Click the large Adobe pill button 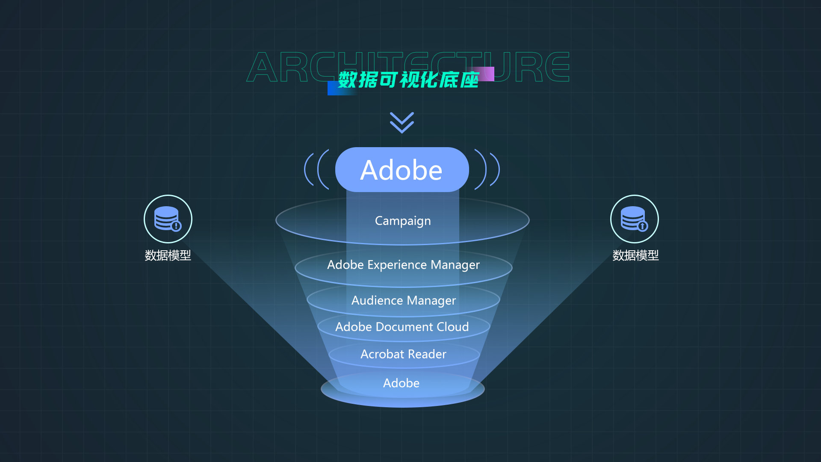402,170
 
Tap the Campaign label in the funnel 403,221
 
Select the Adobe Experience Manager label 403,265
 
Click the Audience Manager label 403,300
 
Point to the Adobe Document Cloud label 402,327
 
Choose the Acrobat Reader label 403,354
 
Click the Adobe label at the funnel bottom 401,383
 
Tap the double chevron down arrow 402,123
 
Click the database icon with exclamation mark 168,219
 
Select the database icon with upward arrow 635,219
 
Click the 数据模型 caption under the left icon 168,255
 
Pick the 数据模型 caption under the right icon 635,255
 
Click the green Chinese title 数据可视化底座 408,80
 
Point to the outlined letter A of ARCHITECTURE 263,68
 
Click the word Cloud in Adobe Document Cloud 453,327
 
